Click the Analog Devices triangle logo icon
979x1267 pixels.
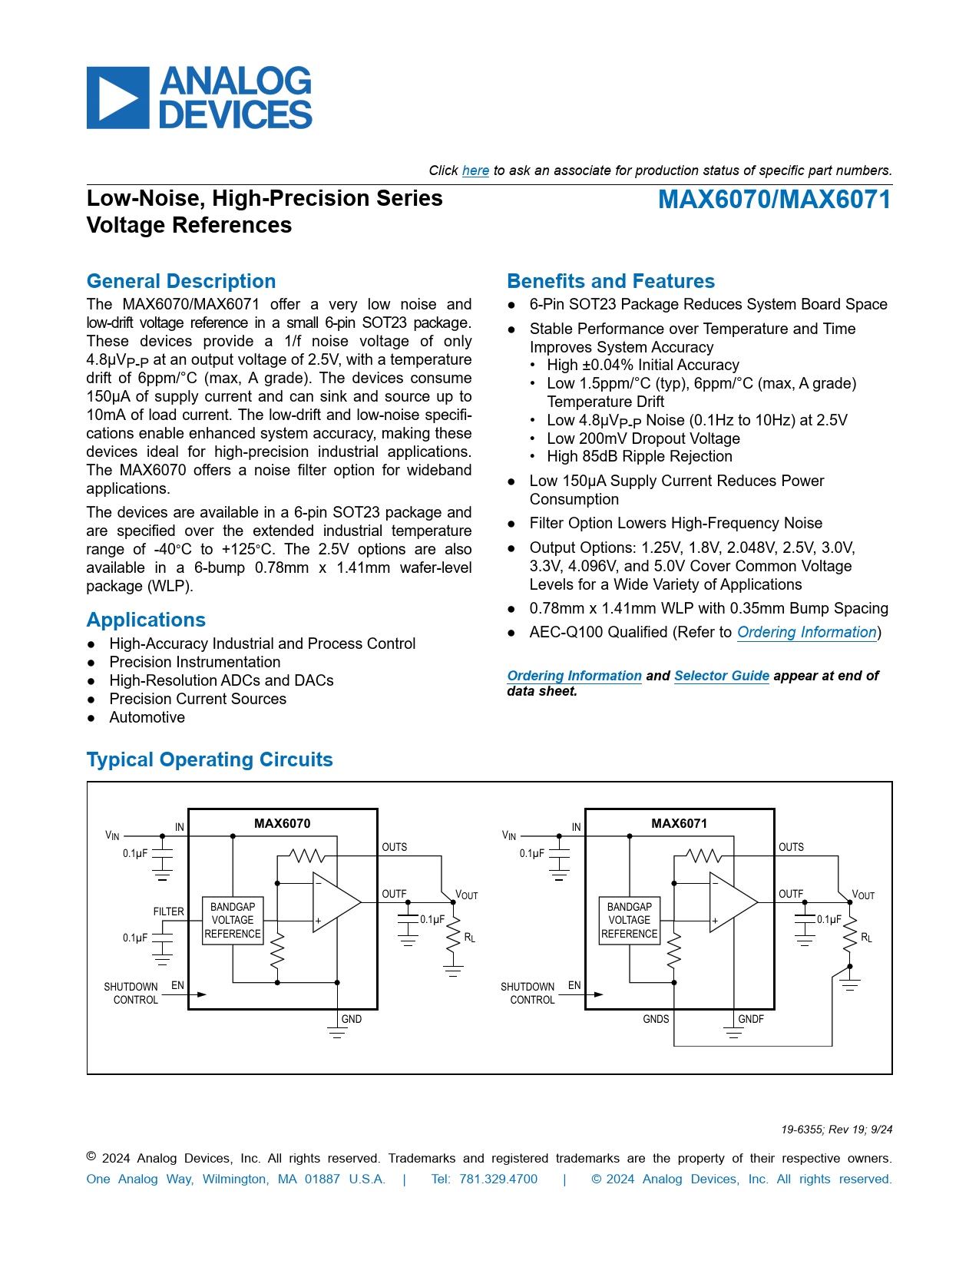point(117,98)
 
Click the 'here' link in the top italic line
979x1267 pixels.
point(475,170)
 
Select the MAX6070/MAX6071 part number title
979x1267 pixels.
point(774,200)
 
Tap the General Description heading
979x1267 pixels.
point(181,281)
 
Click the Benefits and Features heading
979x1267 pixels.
point(610,281)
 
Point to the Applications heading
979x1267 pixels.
point(146,620)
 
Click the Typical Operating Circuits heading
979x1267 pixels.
point(210,759)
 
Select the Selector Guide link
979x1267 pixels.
point(721,676)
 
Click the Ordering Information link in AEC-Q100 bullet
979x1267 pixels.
point(806,632)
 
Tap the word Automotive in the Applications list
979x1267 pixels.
point(147,717)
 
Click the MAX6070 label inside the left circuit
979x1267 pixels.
point(282,823)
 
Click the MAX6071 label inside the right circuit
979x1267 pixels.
point(679,823)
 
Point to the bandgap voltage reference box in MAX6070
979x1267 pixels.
point(233,920)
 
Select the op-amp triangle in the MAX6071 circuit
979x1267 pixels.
point(730,902)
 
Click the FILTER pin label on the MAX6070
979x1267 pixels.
point(168,911)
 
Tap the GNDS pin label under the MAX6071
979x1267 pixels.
point(656,1019)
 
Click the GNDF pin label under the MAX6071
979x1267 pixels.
point(751,1019)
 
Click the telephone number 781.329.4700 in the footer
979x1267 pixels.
point(498,1179)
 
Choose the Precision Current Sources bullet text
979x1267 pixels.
point(197,699)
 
